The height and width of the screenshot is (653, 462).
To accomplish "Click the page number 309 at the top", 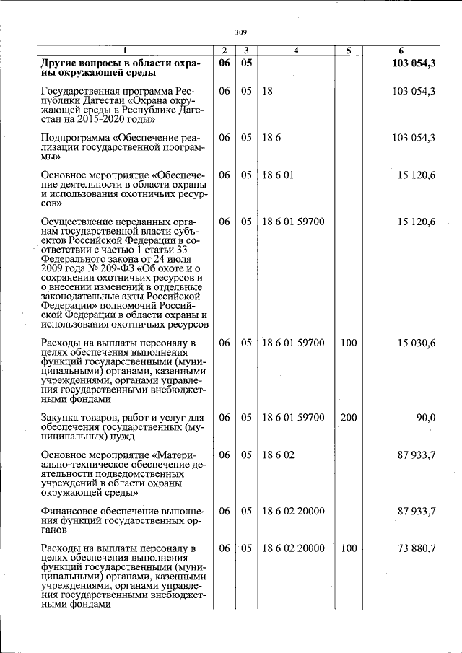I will pos(241,32).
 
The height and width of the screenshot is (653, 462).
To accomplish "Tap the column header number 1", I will pos(124,51).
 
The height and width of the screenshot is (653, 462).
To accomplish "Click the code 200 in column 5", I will pos(349,417).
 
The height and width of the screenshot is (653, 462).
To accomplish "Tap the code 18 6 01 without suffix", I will pos(278,175).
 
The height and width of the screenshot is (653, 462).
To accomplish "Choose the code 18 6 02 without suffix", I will pos(278,455).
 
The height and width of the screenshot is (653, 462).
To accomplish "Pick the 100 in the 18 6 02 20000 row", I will pos(349,548).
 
